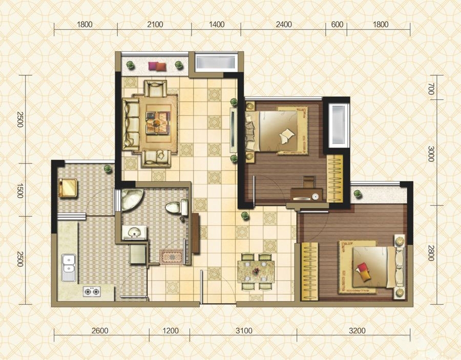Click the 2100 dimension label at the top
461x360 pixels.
pyautogui.click(x=155, y=25)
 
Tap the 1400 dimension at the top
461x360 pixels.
pyautogui.click(x=217, y=25)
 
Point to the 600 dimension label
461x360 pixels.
pyautogui.click(x=337, y=25)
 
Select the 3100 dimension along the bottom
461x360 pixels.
pyautogui.click(x=244, y=331)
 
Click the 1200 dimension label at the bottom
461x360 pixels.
pyautogui.click(x=171, y=331)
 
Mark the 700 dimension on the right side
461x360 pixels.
pyautogui.click(x=431, y=89)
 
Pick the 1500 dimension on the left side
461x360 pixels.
pyautogui.click(x=19, y=190)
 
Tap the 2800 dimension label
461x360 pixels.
pyautogui.click(x=431, y=253)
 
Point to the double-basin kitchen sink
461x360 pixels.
pyautogui.click(x=69, y=267)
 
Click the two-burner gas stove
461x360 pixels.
pyautogui.click(x=92, y=291)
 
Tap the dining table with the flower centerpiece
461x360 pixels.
pyautogui.click(x=256, y=271)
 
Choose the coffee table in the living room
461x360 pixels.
pyautogui.click(x=158, y=122)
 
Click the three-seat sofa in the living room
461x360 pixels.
pyautogui.click(x=131, y=124)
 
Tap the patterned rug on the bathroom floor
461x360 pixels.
pyautogui.click(x=171, y=257)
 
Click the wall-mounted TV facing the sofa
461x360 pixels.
pyautogui.click(x=233, y=130)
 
